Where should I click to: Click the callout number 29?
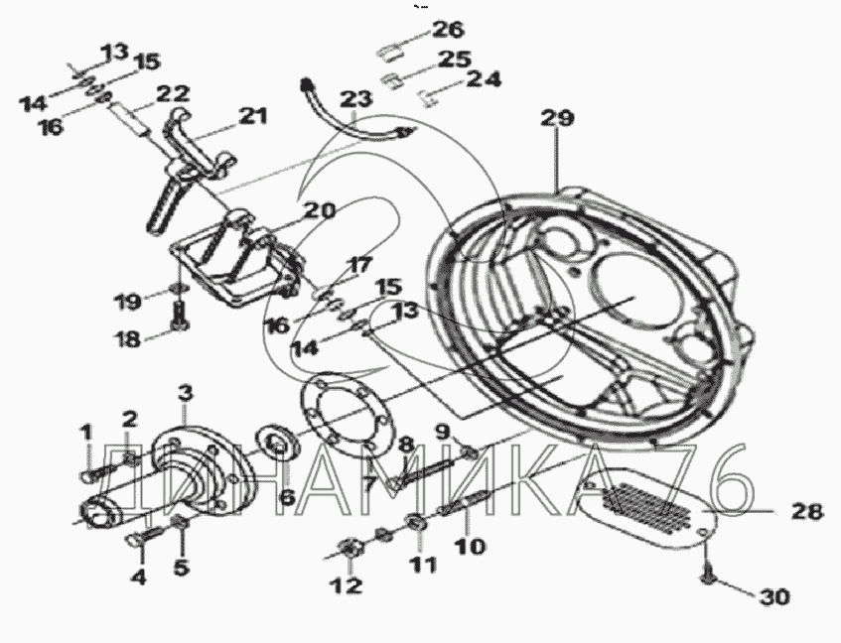coord(557,118)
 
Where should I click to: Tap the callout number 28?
coord(807,512)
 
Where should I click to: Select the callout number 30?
coord(772,596)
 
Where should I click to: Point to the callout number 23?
coord(356,98)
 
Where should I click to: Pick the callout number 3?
coord(185,393)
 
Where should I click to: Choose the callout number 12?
coord(349,585)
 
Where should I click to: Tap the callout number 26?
coord(449,30)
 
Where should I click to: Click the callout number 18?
coord(129,338)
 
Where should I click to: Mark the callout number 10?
coord(470,547)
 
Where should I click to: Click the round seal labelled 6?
coord(277,441)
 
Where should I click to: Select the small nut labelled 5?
coord(179,521)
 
